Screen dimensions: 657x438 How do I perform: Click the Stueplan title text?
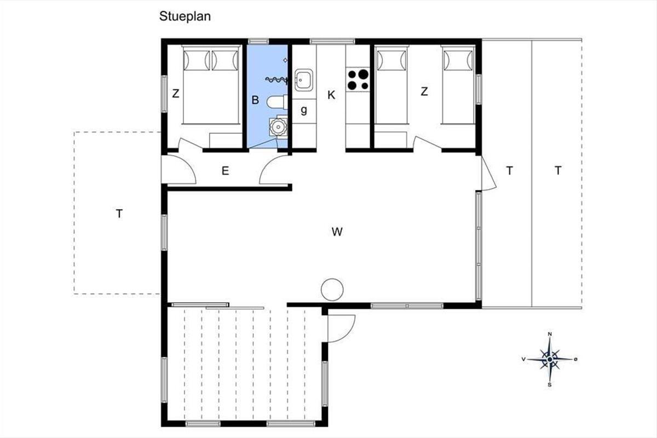click(x=185, y=16)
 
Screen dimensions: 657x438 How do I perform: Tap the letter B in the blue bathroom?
click(x=255, y=100)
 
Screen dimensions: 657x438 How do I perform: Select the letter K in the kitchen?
click(x=331, y=95)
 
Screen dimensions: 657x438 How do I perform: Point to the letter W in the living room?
click(x=337, y=232)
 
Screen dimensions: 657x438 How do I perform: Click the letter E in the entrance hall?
click(x=225, y=171)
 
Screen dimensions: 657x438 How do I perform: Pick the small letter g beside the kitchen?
click(x=304, y=110)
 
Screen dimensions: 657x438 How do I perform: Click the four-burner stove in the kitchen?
click(x=358, y=79)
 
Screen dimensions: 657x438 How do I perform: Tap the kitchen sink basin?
click(x=303, y=80)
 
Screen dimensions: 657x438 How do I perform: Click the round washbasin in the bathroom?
click(x=278, y=126)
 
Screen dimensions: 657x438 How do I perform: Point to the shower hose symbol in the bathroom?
click(x=276, y=79)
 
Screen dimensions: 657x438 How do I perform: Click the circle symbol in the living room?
click(x=332, y=290)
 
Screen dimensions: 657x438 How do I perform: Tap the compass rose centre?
click(x=550, y=359)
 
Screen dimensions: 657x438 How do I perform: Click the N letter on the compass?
click(x=550, y=334)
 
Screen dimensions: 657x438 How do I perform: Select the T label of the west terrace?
click(x=119, y=214)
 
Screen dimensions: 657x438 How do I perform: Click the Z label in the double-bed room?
click(x=175, y=94)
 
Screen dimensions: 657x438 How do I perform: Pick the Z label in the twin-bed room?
click(x=424, y=91)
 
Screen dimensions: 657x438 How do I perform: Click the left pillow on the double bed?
click(x=197, y=60)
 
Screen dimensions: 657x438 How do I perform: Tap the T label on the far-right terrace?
click(x=558, y=170)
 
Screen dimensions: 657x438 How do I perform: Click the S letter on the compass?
click(x=550, y=385)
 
